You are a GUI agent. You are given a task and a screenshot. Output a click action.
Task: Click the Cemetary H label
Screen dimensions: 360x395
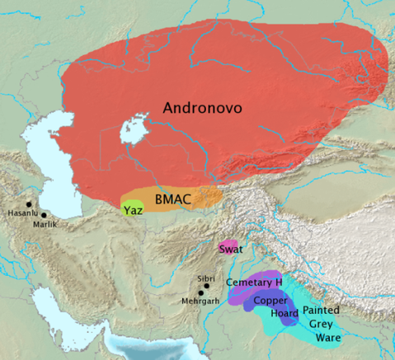pos(255,283)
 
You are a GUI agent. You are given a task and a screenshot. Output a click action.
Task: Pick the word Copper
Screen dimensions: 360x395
pos(270,300)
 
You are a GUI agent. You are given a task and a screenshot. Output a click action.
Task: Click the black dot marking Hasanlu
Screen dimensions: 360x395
pos(29,204)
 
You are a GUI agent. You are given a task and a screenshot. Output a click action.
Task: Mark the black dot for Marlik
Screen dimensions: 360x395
pos(44,216)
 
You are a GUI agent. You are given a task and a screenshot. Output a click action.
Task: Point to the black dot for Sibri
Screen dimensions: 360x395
pos(206,286)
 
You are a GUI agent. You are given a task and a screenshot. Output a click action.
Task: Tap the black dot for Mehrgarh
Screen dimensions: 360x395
pos(200,293)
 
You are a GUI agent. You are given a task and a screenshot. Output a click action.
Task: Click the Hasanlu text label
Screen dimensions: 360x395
pos(22,213)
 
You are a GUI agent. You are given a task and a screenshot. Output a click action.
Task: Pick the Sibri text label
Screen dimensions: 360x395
pos(208,278)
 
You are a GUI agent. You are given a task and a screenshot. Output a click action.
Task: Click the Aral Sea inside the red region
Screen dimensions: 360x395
pos(132,131)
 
